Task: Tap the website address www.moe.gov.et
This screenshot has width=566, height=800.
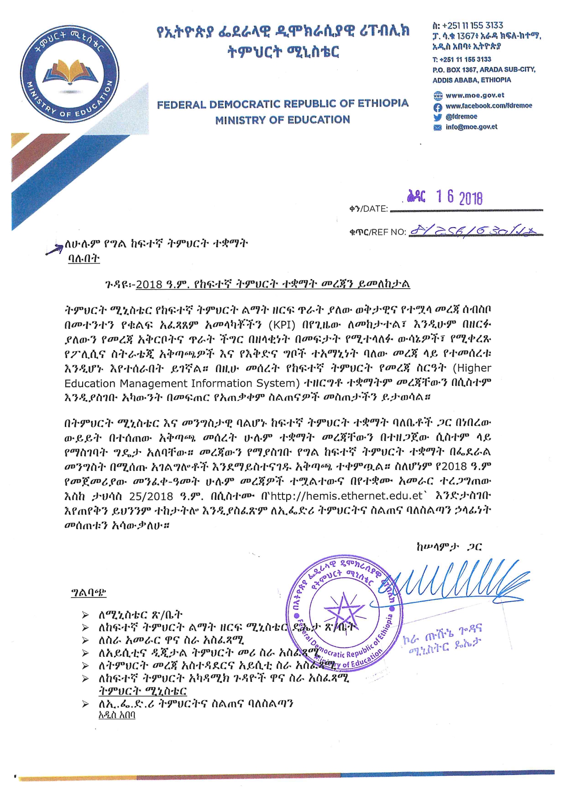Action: tap(475, 95)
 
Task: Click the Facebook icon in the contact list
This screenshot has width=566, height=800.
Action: tap(438, 106)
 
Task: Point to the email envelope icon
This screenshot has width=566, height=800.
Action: tap(438, 127)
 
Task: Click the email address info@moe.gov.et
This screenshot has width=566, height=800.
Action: tap(471, 127)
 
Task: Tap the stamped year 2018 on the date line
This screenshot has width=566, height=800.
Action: tap(471, 198)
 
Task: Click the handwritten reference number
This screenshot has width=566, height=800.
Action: tap(472, 231)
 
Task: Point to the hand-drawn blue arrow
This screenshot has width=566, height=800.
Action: tap(55, 249)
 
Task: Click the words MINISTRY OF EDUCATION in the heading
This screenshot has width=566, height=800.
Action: tap(283, 120)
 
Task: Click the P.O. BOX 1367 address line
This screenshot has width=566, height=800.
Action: tap(483, 69)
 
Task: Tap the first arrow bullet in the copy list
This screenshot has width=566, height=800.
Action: tap(85, 615)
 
